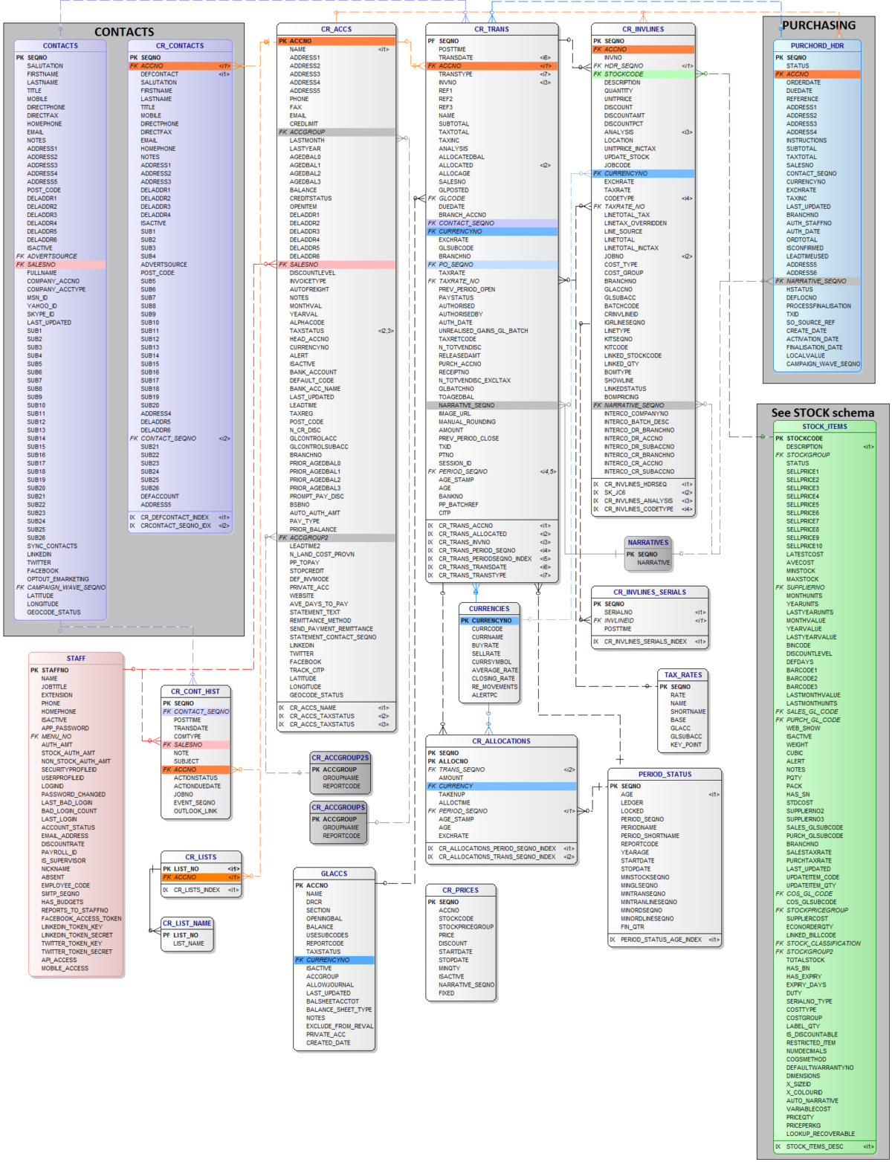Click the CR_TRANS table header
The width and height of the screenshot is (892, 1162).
pyautogui.click(x=491, y=29)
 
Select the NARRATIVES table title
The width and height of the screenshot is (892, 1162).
pyautogui.click(x=647, y=542)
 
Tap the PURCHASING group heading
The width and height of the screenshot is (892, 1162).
pyautogui.click(x=818, y=25)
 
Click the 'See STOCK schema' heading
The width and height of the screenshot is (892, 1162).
pyautogui.click(x=822, y=413)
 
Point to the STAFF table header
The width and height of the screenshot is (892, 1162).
pyautogui.click(x=76, y=658)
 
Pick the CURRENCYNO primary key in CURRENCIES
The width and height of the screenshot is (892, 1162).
pyautogui.click(x=491, y=620)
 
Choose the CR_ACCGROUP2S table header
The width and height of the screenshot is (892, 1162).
pyautogui.click(x=340, y=758)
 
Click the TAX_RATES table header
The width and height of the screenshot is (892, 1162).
pyautogui.click(x=682, y=675)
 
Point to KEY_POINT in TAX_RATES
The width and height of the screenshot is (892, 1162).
pyautogui.click(x=685, y=744)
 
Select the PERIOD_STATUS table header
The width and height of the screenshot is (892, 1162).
pyautogui.click(x=665, y=774)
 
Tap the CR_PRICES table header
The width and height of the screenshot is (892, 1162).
pyautogui.click(x=460, y=890)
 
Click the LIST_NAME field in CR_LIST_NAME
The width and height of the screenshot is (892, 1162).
pyautogui.click(x=188, y=943)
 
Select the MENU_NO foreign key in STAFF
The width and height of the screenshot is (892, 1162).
pyautogui.click(x=56, y=736)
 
